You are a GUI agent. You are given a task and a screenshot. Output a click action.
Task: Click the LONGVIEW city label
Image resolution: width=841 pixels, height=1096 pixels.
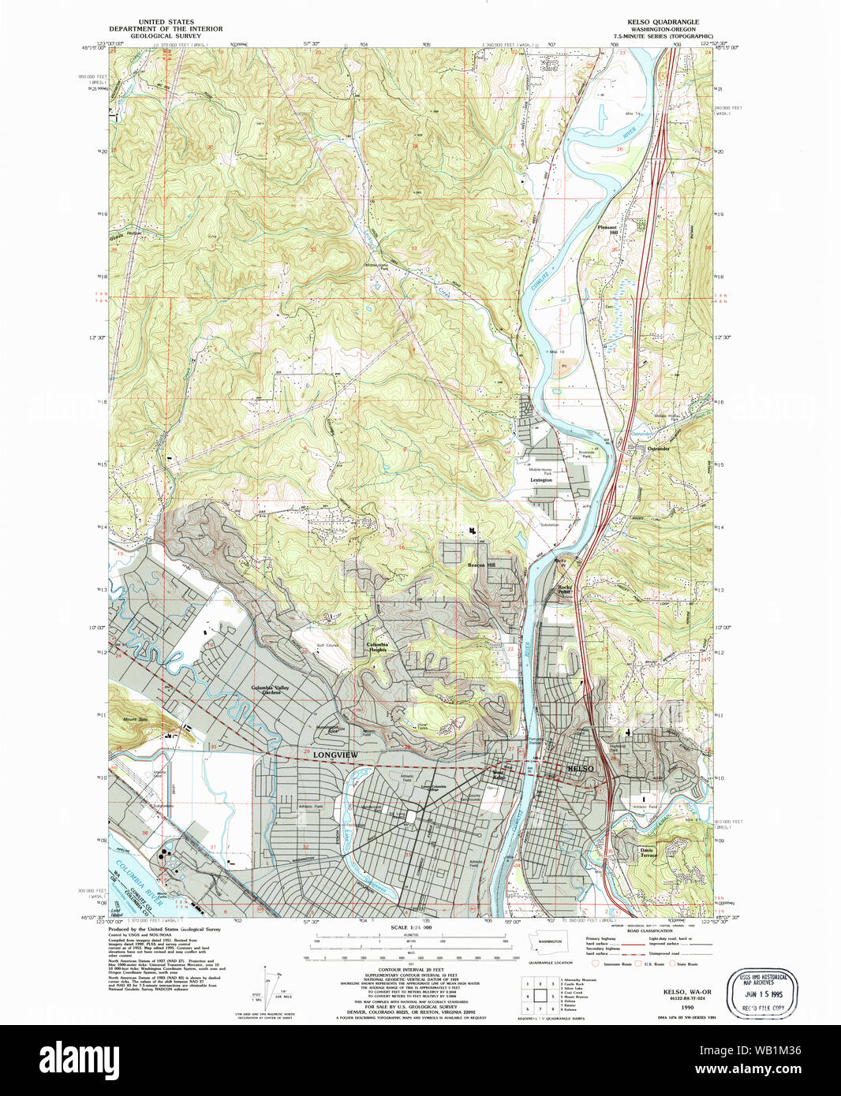coord(335,755)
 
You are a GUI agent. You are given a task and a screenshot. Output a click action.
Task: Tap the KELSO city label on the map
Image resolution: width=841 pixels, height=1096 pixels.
coord(581,768)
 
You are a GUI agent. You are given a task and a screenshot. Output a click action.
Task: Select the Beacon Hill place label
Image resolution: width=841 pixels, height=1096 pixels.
coord(481,565)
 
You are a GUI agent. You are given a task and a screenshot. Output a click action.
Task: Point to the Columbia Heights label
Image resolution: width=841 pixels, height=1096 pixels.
coord(377,647)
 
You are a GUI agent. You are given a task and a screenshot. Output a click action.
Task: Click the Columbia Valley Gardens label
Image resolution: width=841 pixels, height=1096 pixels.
coord(271,690)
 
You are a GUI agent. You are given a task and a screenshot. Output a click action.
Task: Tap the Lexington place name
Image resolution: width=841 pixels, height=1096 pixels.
coord(541,479)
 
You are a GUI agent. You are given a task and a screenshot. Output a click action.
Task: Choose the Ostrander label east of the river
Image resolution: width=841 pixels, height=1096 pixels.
coord(658,449)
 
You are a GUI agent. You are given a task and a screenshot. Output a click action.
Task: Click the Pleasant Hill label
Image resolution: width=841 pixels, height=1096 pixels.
coord(607,229)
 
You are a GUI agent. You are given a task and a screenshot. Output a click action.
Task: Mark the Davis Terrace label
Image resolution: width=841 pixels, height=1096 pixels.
coord(647,853)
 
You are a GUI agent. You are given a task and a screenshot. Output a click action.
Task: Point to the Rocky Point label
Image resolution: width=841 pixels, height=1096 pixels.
coord(565,589)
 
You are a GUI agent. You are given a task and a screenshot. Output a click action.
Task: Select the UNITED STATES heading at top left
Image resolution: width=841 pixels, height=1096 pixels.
coord(166,22)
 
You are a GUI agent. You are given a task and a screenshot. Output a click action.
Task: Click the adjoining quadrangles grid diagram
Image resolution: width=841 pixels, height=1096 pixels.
coord(539,995)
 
